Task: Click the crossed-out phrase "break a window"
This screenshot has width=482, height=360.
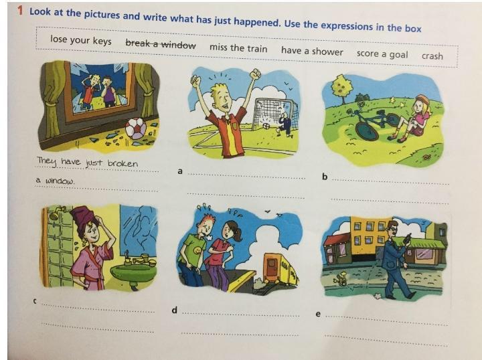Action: click(x=161, y=43)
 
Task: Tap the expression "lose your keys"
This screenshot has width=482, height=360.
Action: click(x=81, y=40)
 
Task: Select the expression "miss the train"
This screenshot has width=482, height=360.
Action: click(x=238, y=48)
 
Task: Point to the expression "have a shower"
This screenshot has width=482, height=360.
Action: click(x=312, y=51)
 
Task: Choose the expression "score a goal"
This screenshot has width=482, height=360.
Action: click(x=382, y=54)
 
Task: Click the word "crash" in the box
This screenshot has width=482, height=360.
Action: click(x=432, y=56)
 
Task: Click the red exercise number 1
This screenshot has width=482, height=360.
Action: click(x=20, y=11)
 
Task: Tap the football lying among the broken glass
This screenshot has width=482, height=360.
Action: click(x=136, y=128)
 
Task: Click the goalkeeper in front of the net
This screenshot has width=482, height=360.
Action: click(x=285, y=122)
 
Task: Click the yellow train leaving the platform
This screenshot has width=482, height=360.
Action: click(x=278, y=268)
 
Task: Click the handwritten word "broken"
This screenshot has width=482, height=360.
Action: click(x=123, y=163)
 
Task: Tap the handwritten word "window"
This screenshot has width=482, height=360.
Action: click(x=60, y=181)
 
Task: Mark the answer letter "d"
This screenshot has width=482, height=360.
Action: click(x=174, y=310)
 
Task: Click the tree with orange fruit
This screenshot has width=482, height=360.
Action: click(x=341, y=87)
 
